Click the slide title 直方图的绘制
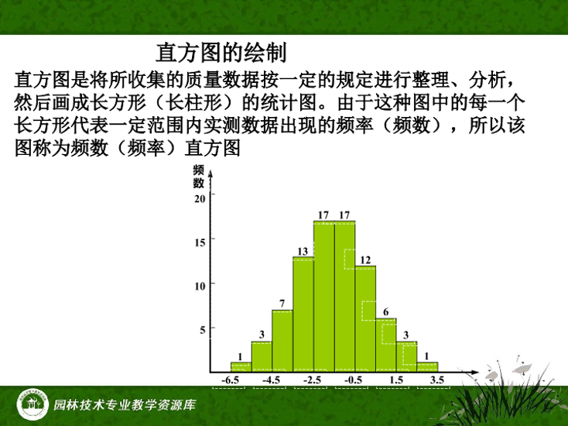[x=221, y=53]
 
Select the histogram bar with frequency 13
[x=303, y=314]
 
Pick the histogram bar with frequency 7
[x=282, y=341]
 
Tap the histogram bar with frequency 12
[x=365, y=319]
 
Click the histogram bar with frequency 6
[x=386, y=345]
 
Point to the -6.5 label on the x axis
[x=231, y=380]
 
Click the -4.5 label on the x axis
[x=272, y=380]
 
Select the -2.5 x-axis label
[x=313, y=380]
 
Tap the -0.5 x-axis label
[x=353, y=380]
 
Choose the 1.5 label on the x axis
[x=396, y=380]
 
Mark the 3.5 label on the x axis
[x=437, y=380]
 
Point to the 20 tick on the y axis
[x=200, y=199]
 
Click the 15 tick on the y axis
[x=200, y=242]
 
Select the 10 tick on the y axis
[x=200, y=287]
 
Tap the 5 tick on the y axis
[x=202, y=330]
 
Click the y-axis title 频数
[x=199, y=177]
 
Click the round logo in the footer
[x=33, y=404]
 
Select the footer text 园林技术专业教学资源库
[x=125, y=404]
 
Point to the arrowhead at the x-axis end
[x=474, y=373]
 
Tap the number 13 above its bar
[x=303, y=251]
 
